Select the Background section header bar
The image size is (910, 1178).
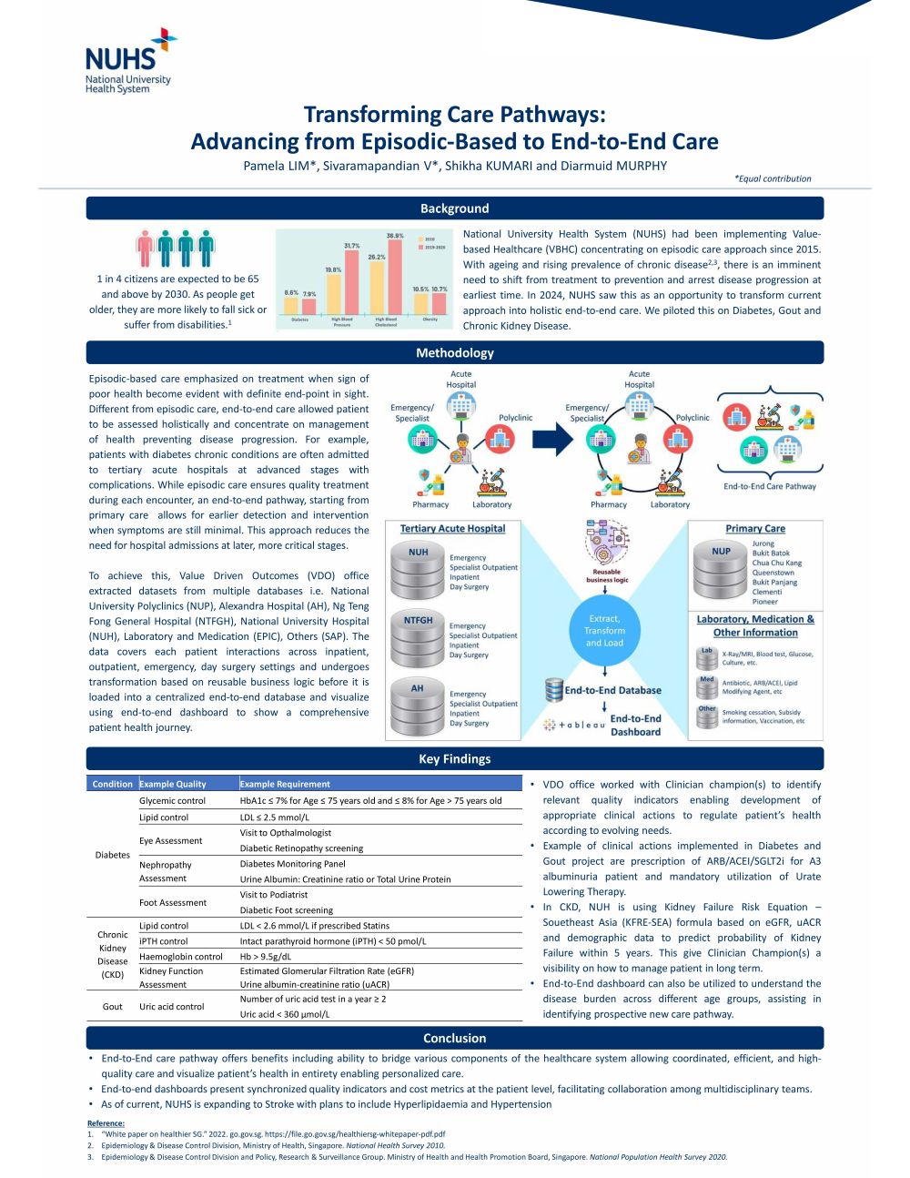(454, 208)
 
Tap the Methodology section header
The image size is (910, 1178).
(454, 352)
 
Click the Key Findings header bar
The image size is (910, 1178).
(454, 758)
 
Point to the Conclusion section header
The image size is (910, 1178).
(454, 1038)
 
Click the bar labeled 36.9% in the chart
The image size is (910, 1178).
(395, 277)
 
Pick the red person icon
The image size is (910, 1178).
(145, 249)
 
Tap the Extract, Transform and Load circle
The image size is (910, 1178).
(604, 630)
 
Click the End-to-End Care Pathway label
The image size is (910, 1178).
(770, 486)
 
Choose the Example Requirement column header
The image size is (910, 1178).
(285, 784)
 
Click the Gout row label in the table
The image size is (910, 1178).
(113, 1006)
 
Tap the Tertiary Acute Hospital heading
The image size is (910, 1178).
(452, 528)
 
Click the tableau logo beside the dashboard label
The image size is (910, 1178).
(574, 725)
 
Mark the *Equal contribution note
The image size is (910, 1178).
(773, 178)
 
